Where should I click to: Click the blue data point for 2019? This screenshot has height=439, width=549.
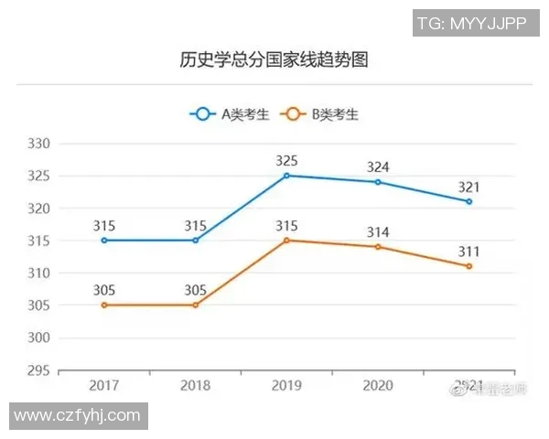tap(286, 176)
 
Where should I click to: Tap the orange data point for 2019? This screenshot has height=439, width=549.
tap(286, 241)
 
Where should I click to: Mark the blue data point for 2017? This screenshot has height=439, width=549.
tap(104, 241)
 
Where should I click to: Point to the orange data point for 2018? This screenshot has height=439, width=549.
tap(195, 305)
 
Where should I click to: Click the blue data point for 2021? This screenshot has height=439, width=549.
tap(468, 201)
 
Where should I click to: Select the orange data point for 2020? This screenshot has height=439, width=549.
tap(378, 247)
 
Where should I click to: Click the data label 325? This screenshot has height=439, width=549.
tap(286, 160)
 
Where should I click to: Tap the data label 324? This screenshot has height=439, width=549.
tap(378, 166)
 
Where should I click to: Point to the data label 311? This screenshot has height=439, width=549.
tap(468, 251)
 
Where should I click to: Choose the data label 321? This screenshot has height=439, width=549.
tap(468, 187)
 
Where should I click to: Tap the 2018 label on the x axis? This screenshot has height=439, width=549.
tap(195, 386)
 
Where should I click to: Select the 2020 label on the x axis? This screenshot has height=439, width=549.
tap(378, 386)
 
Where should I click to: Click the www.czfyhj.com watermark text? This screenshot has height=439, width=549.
tap(78, 416)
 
